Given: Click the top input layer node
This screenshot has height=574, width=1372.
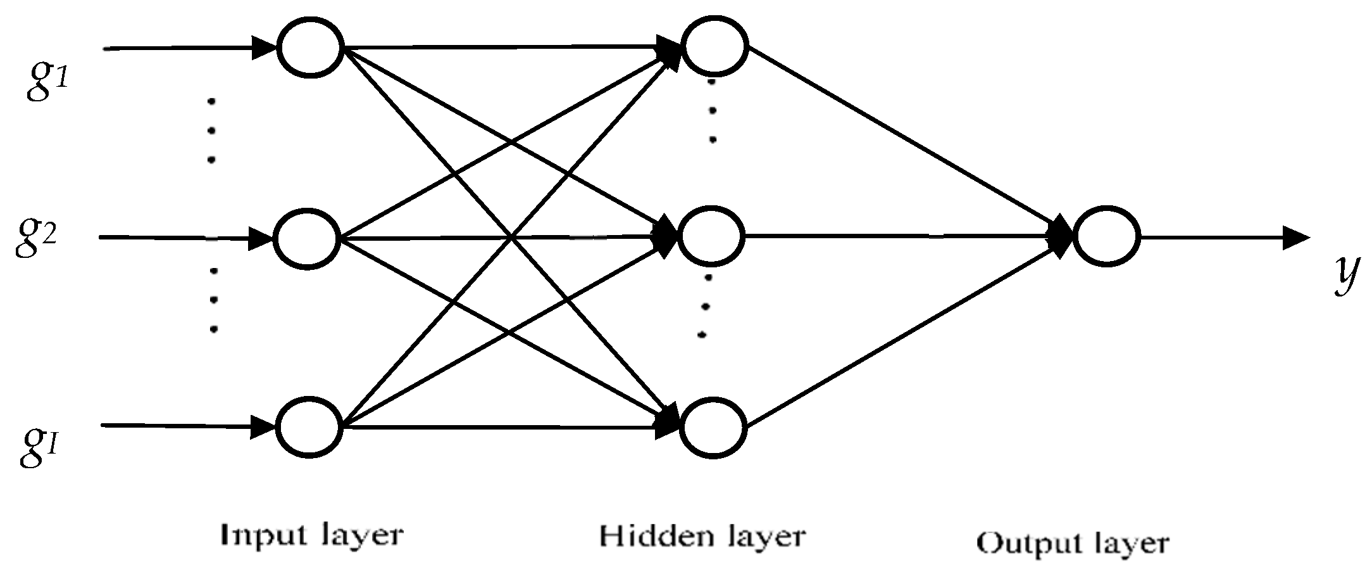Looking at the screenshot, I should (x=311, y=48).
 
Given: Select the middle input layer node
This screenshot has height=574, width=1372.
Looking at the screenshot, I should (x=307, y=239).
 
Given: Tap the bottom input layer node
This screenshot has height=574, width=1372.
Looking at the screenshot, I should (x=310, y=426).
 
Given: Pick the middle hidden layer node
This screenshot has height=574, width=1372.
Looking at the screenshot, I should (x=711, y=236).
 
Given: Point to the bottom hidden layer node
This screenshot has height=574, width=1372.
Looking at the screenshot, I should (x=714, y=426).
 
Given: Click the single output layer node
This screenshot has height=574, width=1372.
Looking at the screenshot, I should (x=1106, y=236).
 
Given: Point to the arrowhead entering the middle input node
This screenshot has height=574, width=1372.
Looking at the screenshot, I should (x=260, y=238).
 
